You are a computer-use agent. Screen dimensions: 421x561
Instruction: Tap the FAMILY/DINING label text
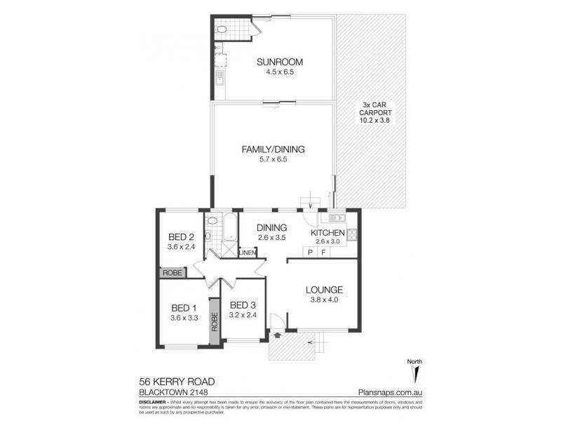pos(273,149)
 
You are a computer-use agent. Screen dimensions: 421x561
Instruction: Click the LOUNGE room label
pos(324,290)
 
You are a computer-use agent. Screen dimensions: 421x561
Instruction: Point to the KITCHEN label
pos(327,233)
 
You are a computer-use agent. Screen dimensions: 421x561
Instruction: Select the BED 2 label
pos(181,236)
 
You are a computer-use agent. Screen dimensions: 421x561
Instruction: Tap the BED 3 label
pos(243,305)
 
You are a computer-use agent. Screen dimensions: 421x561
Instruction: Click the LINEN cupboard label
pos(247,253)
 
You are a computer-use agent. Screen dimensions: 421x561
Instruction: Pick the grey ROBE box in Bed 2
pos(172,272)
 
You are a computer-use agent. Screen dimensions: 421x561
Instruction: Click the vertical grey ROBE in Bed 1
pos(215,320)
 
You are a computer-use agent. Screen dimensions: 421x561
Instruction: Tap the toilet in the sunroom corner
pos(223,30)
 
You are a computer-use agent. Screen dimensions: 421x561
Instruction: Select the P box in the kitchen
pos(309,251)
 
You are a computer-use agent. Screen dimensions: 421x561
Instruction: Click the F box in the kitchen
pos(323,251)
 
